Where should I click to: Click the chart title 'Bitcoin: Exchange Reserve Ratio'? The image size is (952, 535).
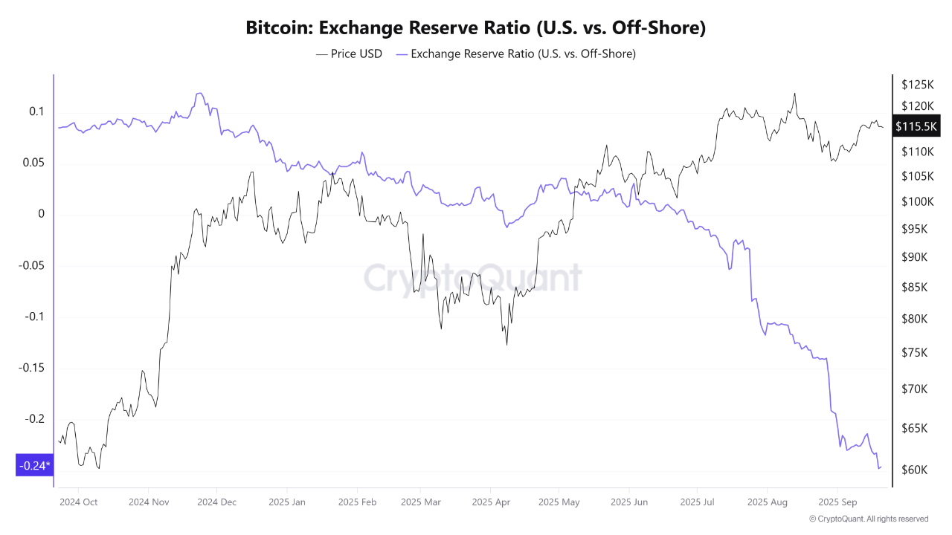coord(476,28)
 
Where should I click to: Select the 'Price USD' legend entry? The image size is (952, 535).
coord(349,53)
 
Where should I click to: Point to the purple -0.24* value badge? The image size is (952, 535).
coord(34,466)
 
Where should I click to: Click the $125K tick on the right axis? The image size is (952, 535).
coord(917,84)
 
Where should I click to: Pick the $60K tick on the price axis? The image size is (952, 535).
coord(914,470)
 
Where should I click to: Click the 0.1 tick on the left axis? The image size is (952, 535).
coord(36,111)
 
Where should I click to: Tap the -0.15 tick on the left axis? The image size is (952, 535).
coord(31,368)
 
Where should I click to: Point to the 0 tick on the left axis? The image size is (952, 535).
coord(41,214)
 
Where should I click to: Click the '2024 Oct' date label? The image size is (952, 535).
coord(78,502)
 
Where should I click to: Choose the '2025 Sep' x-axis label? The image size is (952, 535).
coord(837,502)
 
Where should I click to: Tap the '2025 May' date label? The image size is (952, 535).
coord(559,502)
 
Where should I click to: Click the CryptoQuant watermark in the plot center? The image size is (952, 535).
coord(472,278)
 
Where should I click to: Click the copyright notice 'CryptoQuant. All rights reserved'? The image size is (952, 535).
coord(869,519)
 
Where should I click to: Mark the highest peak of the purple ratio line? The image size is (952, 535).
coord(199,93)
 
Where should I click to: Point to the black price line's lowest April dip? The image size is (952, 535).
coord(506,344)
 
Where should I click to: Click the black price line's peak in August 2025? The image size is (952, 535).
coord(795,94)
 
